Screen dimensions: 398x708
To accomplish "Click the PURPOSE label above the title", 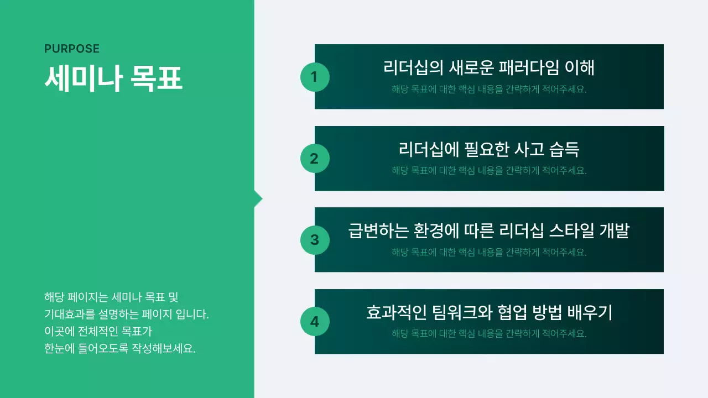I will (x=72, y=49).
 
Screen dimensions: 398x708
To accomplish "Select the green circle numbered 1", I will (x=315, y=77).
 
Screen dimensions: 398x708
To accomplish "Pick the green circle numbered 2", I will (x=315, y=159).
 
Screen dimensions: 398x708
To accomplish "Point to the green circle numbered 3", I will (x=315, y=240).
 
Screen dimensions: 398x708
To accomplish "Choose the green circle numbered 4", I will (x=315, y=322).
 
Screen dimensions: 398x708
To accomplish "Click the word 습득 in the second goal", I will (x=564, y=149).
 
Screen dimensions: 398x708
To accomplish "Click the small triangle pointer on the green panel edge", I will (x=258, y=199).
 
